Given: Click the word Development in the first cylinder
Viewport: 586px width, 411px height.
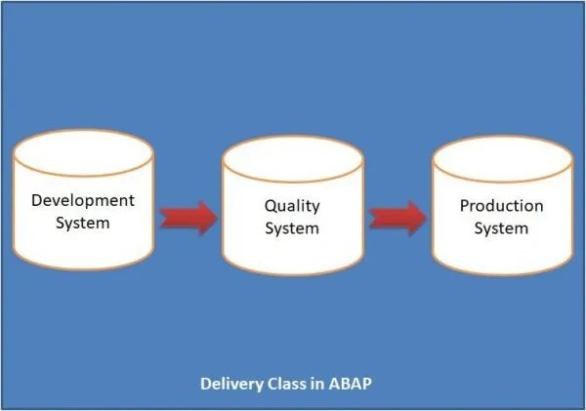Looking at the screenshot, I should coord(83,200).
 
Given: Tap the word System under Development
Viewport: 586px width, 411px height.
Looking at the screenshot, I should coord(83,223).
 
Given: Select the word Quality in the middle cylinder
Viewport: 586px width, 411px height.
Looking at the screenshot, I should coord(292,206).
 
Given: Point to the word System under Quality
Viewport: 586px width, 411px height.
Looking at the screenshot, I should coord(292,228).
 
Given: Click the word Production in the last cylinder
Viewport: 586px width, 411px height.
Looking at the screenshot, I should coord(501,206).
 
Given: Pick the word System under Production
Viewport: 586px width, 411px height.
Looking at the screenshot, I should coord(501,228).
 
